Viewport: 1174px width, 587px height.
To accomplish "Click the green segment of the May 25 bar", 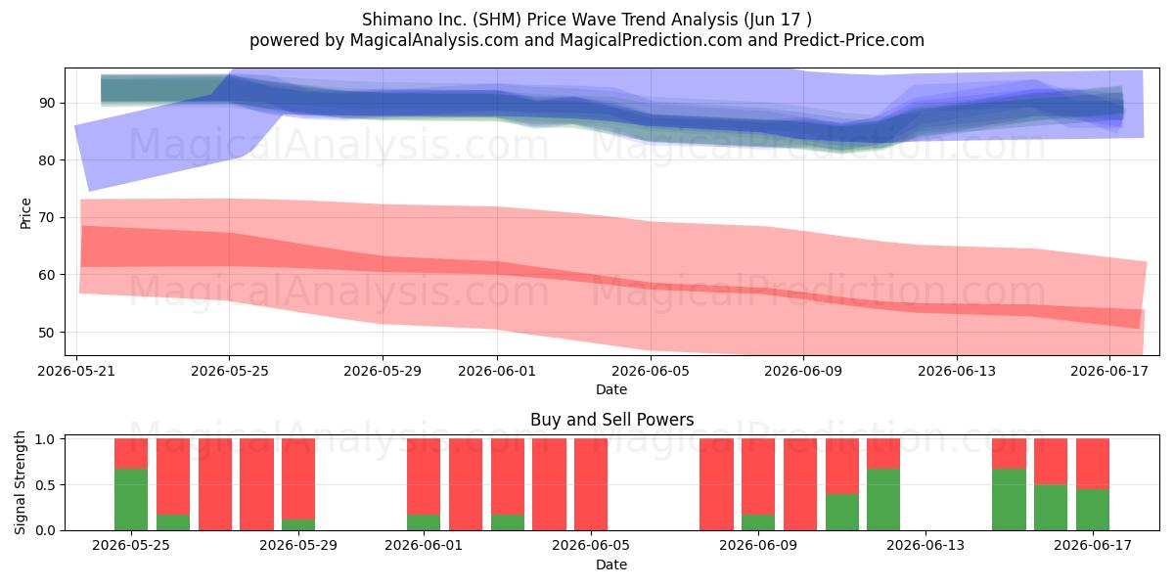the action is coord(131,499).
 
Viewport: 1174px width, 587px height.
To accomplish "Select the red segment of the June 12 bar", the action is coord(883,453).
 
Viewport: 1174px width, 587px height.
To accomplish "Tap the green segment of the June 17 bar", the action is coord(1092,510).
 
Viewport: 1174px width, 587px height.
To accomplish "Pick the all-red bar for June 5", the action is coord(591,484).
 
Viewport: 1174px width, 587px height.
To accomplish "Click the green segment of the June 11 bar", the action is coord(842,512).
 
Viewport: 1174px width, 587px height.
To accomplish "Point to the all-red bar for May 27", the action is coord(215,484).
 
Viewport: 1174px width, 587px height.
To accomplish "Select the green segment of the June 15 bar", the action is coord(1009,499).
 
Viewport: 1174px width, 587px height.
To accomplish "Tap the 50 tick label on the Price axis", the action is coord(47,333).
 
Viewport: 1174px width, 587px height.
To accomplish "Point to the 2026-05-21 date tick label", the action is coord(76,371).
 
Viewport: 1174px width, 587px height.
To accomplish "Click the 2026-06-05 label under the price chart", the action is coord(651,371).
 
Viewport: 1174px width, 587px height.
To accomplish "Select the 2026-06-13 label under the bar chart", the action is coord(926,545).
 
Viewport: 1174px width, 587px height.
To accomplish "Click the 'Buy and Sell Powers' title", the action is coord(611,420).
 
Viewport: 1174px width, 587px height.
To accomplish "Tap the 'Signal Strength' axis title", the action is coord(20,482).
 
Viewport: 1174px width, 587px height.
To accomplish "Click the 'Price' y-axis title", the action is coord(25,213).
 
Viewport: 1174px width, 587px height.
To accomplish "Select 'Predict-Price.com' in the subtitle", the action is coord(853,40).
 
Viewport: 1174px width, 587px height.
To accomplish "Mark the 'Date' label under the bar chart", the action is coord(611,564).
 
